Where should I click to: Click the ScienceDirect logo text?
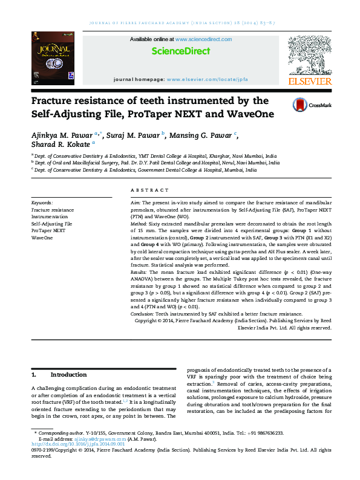click(180, 51)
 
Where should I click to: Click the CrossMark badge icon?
click(300, 105)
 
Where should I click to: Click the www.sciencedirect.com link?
click(209, 39)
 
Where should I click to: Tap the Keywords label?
click(42, 203)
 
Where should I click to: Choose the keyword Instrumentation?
click(50, 216)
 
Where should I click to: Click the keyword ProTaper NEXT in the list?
click(48, 230)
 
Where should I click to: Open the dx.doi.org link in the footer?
click(72, 445)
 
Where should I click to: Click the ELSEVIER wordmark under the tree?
click(309, 81)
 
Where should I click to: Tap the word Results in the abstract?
click(140, 273)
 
